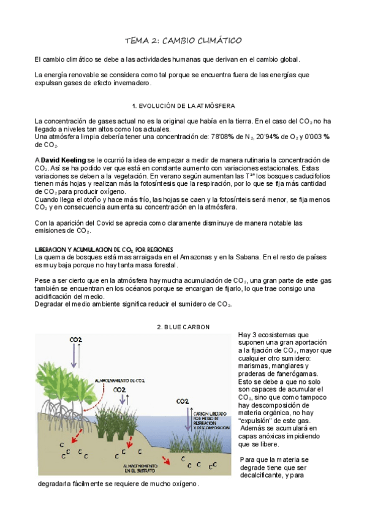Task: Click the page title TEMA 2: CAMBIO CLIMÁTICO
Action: [x=183, y=40]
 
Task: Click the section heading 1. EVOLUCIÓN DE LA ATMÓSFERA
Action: [x=183, y=106]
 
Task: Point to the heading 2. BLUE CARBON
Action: [x=183, y=327]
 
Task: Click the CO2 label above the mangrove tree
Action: [x=77, y=340]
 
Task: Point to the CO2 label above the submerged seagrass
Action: [x=183, y=402]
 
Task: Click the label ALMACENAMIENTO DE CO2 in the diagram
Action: [x=119, y=380]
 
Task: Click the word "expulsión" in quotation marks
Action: [x=257, y=421]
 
